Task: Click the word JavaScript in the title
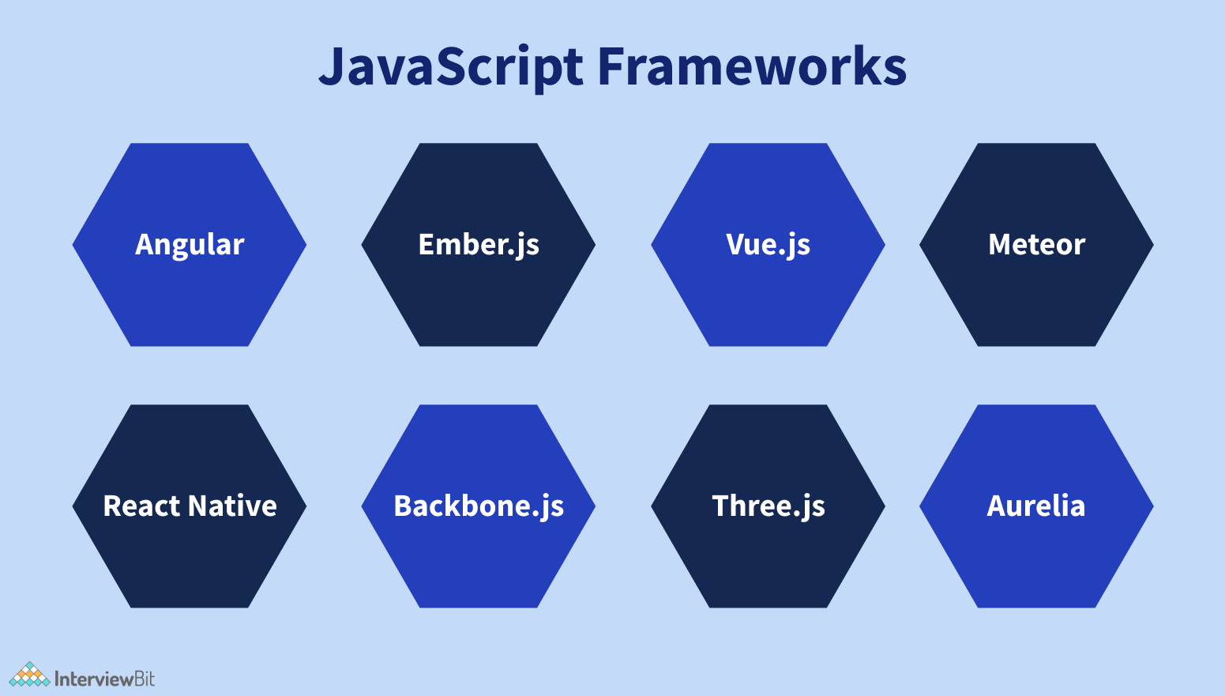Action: click(x=451, y=66)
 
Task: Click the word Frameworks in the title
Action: click(x=751, y=66)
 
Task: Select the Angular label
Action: click(x=190, y=244)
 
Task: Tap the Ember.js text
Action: click(x=479, y=244)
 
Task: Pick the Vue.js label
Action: click(x=768, y=244)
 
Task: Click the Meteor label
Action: click(x=1036, y=244)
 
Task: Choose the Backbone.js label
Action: click(x=479, y=506)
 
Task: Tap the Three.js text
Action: click(x=768, y=506)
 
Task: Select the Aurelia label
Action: click(x=1036, y=506)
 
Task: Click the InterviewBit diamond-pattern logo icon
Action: click(x=29, y=675)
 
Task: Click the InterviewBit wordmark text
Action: click(x=104, y=679)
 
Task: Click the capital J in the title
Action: click(x=332, y=66)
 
